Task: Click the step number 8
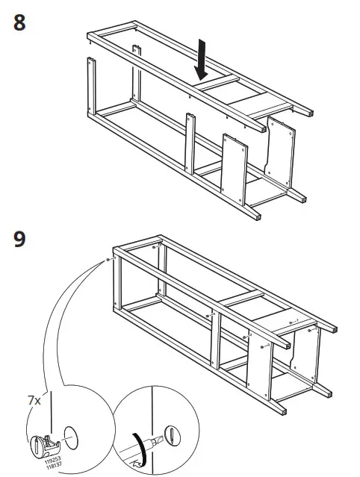tap(20, 22)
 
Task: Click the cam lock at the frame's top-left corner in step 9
tap(109, 260)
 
